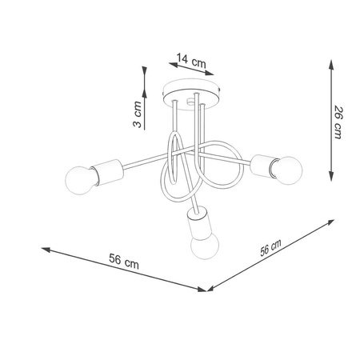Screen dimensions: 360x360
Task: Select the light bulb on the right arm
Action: click(288, 169)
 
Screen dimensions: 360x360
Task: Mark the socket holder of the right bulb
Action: click(261, 164)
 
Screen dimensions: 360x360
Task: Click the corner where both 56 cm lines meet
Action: click(206, 289)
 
